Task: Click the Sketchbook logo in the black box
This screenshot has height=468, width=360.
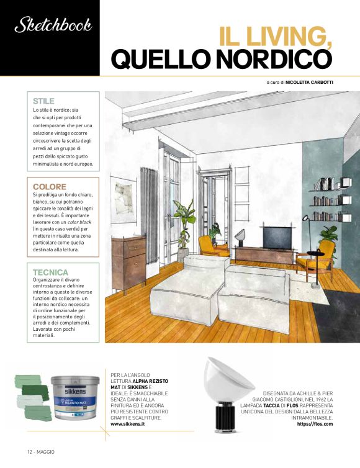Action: pyautogui.click(x=52, y=25)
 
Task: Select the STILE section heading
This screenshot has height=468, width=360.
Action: pyautogui.click(x=43, y=101)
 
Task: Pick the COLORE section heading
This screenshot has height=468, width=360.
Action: pyautogui.click(x=50, y=186)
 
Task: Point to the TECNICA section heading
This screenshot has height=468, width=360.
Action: pyautogui.click(x=51, y=272)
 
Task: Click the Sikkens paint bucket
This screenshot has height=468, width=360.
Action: pyautogui.click(x=78, y=398)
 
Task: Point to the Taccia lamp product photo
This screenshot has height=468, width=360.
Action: pyautogui.click(x=226, y=391)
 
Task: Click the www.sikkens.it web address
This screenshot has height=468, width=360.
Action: pyautogui.click(x=132, y=425)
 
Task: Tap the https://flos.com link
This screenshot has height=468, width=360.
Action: pyautogui.click(x=315, y=425)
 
